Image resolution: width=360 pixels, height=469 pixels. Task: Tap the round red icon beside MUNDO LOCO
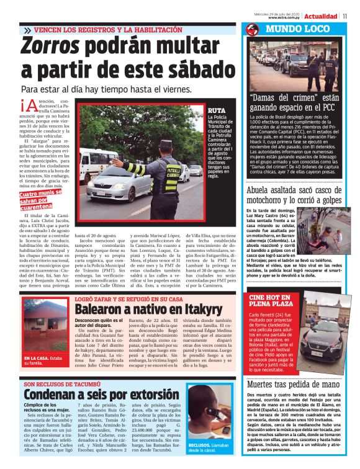pyautogui.click(x=252, y=29)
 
